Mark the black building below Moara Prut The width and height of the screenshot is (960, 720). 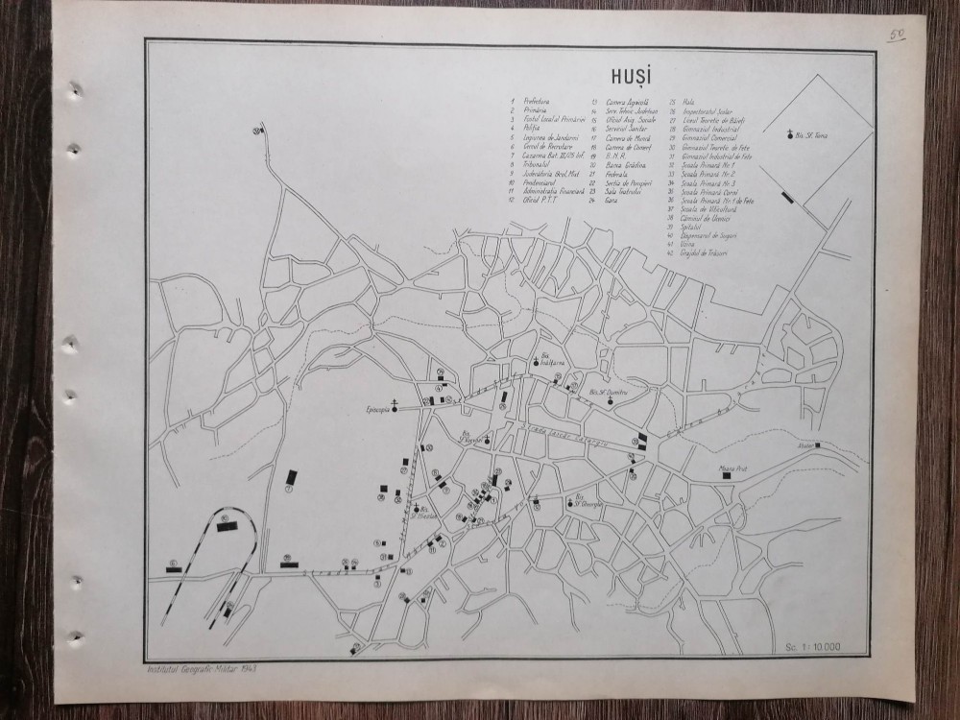tap(727, 474)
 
